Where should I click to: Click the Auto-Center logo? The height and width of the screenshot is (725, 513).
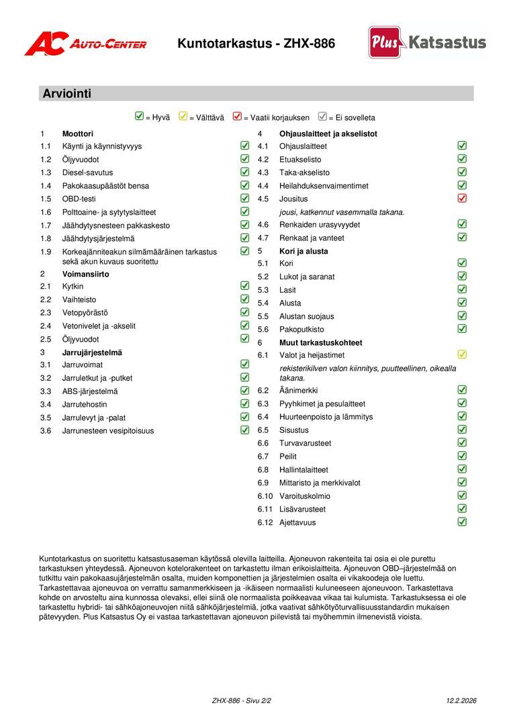coord(85,44)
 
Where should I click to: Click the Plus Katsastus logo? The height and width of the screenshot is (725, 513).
coord(427,43)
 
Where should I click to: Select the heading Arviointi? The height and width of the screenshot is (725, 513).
coord(66,94)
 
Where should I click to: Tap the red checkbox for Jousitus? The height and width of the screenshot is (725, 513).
coord(462,199)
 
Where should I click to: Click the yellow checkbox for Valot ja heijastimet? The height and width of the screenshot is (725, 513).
coord(462,354)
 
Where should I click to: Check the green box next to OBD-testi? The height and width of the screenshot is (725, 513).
coord(245,198)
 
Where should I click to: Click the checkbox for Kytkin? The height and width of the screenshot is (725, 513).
coord(245,286)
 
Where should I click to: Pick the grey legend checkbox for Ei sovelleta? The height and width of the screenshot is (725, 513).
coord(322,116)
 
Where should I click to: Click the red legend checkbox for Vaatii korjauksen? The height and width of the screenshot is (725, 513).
coord(237,116)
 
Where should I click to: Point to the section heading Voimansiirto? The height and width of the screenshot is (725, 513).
coord(85,274)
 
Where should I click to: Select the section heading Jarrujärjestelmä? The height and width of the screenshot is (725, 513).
coord(92,352)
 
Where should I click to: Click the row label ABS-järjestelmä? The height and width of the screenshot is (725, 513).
coord(89,391)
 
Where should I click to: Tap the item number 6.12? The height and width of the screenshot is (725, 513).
coord(266,522)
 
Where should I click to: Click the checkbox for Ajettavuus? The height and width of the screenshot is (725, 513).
coord(462,522)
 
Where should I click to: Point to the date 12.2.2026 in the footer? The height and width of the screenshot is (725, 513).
coord(461,701)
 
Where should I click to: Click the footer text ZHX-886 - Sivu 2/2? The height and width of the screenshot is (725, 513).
coord(241,701)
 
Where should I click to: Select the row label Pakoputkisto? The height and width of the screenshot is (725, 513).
coord(301,330)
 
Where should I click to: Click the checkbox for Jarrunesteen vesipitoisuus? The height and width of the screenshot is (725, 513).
coord(245,430)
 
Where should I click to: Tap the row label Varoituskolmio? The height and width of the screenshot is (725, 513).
coord(305,496)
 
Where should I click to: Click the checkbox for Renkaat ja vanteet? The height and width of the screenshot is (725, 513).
coord(462,238)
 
